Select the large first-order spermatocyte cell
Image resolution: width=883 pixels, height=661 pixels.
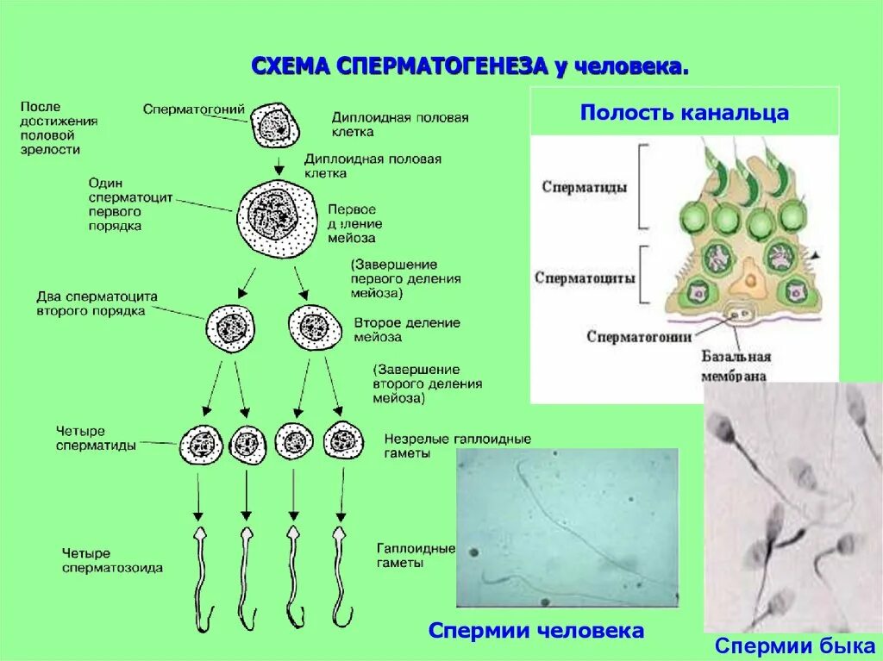277,219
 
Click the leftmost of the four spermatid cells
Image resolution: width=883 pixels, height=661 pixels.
202,445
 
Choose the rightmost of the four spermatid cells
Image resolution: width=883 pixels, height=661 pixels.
342,441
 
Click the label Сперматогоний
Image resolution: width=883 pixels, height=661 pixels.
194,109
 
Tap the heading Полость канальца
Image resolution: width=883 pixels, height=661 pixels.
684,113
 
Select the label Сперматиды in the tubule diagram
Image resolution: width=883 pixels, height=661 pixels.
585,186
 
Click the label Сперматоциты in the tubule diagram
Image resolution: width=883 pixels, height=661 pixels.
585,278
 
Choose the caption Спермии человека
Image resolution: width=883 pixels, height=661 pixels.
535,631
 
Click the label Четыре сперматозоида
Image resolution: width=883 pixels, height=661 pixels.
112,560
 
